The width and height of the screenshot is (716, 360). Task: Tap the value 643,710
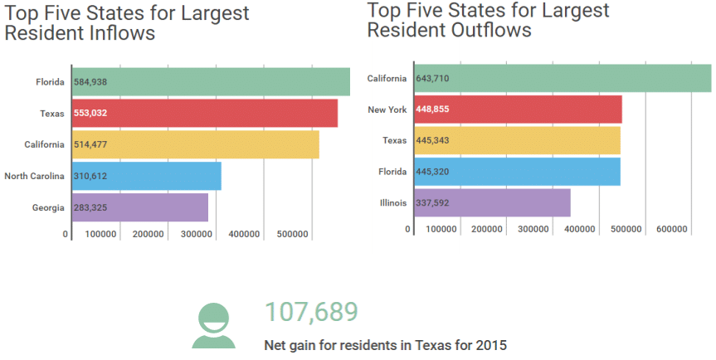[x=432, y=78]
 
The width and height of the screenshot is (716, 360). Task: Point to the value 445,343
[x=432, y=140]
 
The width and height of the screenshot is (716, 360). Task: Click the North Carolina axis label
[x=34, y=176]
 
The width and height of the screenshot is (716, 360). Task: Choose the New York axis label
[x=387, y=109]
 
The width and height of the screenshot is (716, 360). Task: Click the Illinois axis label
[x=392, y=202]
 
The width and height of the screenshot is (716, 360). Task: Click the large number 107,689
[x=311, y=312]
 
